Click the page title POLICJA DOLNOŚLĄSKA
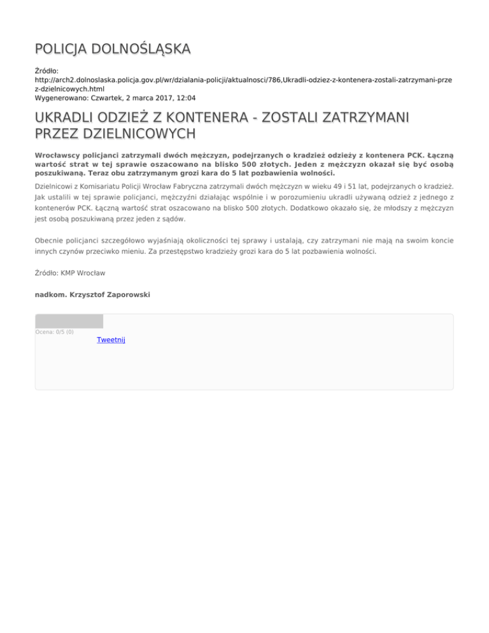point(113,49)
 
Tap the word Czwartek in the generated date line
point(110,98)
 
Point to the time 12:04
point(185,98)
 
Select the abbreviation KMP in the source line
point(69,273)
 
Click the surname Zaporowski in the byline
point(125,295)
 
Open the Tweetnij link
point(111,340)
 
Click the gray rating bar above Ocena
point(69,321)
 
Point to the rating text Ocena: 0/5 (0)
point(54,332)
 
